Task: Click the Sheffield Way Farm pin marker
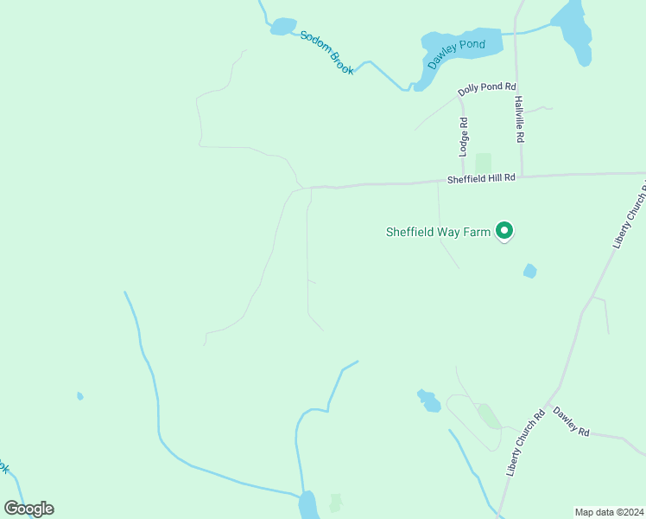coord(504,231)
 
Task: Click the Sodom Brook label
coord(327,53)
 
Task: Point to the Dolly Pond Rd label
coord(486,87)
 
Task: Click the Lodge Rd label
coord(464,136)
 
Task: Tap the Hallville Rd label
coord(520,119)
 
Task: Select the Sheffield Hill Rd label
coord(481,178)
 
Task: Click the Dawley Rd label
coord(571,420)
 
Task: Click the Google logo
coord(28,509)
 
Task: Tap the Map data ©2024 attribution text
coord(609,511)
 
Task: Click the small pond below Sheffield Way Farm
coord(529,272)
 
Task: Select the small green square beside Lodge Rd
coord(483,163)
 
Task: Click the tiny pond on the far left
coord(79,396)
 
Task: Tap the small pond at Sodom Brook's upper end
coord(282,27)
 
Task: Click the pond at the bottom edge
coord(307,505)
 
